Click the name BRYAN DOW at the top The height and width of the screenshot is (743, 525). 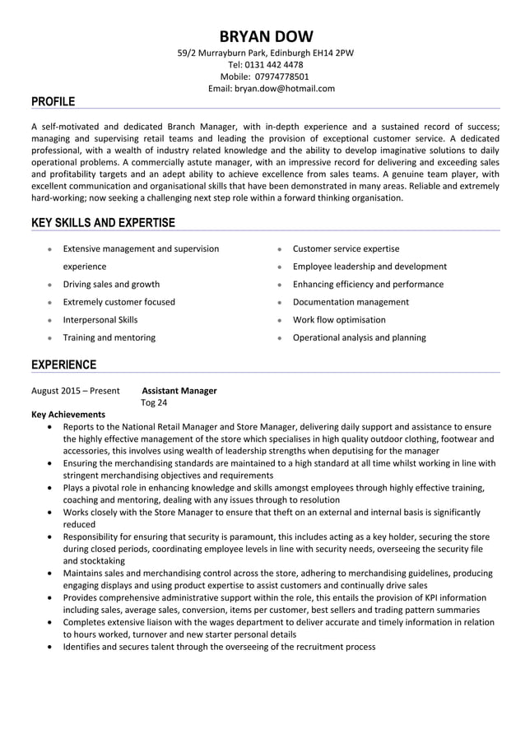(x=266, y=36)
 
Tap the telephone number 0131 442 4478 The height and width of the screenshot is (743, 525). (x=276, y=65)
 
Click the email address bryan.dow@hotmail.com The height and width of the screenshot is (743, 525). (x=284, y=88)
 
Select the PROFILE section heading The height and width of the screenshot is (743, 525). (x=53, y=102)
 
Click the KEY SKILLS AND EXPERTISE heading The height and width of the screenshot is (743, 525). (x=103, y=223)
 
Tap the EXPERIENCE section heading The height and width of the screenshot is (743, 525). (x=63, y=365)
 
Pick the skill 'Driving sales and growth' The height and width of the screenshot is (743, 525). (x=111, y=285)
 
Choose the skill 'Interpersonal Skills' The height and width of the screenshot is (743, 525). (x=100, y=320)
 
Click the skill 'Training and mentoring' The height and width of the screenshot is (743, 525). (x=109, y=337)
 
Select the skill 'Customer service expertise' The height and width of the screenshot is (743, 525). (x=346, y=248)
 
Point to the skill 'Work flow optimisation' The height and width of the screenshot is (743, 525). (x=339, y=320)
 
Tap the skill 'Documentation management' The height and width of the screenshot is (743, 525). (x=351, y=302)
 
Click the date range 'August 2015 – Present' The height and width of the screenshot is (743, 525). (x=75, y=391)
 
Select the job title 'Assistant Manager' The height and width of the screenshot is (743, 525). (x=179, y=391)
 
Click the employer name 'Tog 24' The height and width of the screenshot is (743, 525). (x=154, y=403)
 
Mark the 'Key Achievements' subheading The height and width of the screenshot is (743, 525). (x=68, y=415)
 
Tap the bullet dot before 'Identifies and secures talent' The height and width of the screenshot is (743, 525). (x=53, y=648)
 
